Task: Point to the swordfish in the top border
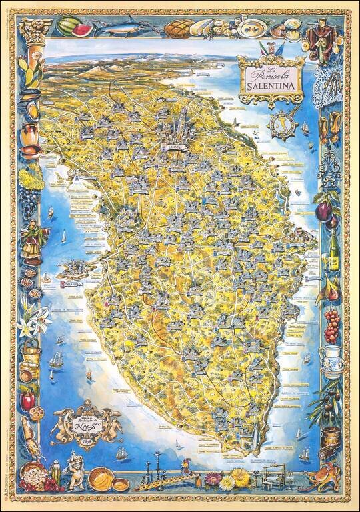(120, 27)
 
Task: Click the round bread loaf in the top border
(178, 28)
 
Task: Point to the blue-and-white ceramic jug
(331, 361)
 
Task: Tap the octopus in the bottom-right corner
(327, 479)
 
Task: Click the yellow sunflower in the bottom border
(240, 478)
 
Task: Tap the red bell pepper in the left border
(27, 400)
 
